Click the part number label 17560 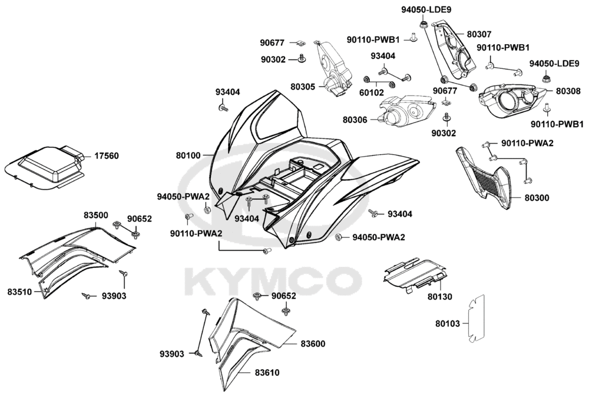point(106,156)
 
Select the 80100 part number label point(188,156)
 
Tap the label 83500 point(95,216)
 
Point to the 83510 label point(20,291)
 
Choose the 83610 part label point(267,372)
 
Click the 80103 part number point(448,323)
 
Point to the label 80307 point(479,35)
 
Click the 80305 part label point(303,87)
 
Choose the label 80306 point(355,120)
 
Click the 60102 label point(372,92)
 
